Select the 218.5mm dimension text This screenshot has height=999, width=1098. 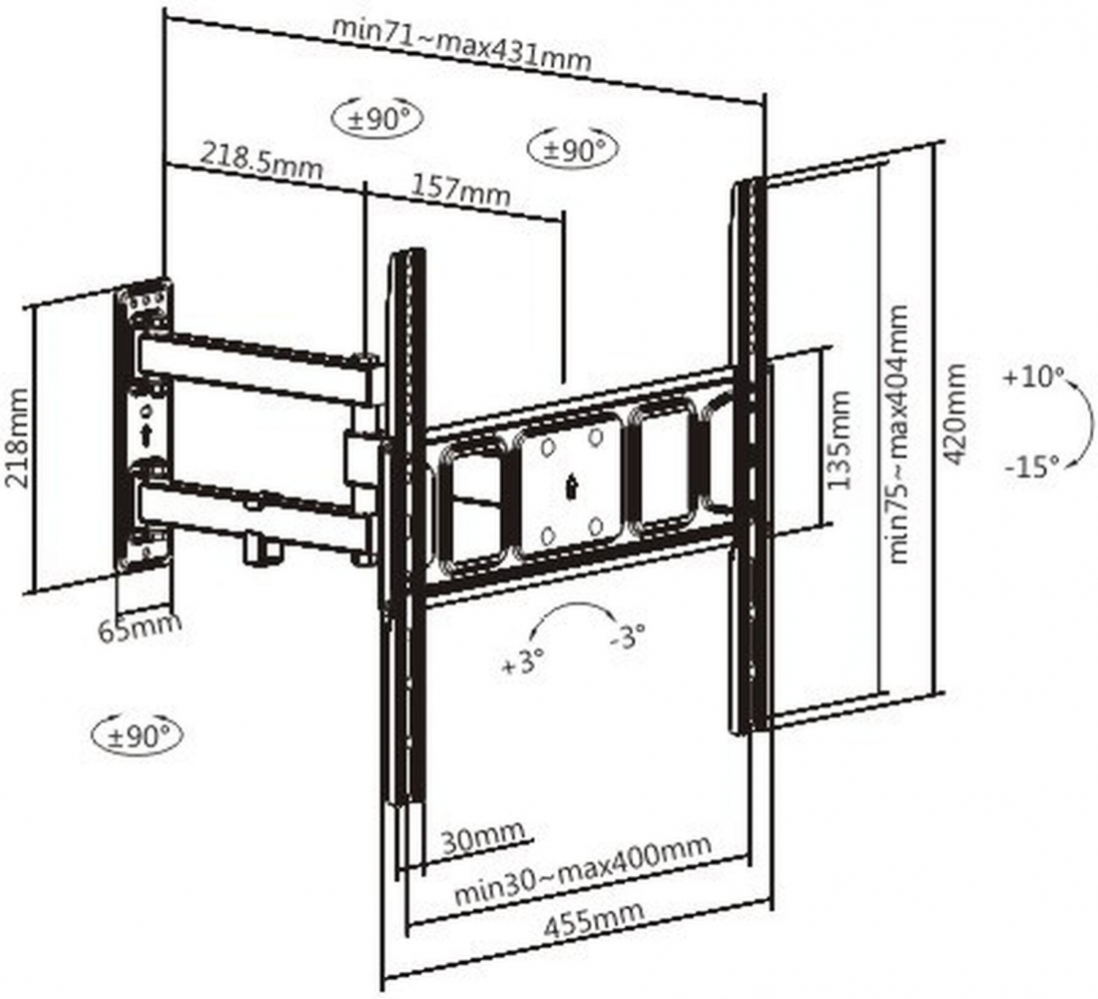(x=262, y=161)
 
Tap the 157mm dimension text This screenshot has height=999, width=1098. (x=459, y=189)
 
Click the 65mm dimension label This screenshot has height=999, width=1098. (x=139, y=626)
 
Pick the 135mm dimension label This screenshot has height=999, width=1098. (x=838, y=440)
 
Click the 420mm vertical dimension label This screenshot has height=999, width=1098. (x=953, y=414)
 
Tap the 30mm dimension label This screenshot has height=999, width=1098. (x=482, y=837)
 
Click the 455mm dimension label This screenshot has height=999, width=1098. (x=594, y=921)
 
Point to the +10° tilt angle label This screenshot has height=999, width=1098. (x=1033, y=377)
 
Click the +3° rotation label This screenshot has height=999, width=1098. (x=523, y=661)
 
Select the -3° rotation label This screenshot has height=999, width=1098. (x=627, y=636)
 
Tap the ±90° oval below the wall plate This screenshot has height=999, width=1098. (x=138, y=735)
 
